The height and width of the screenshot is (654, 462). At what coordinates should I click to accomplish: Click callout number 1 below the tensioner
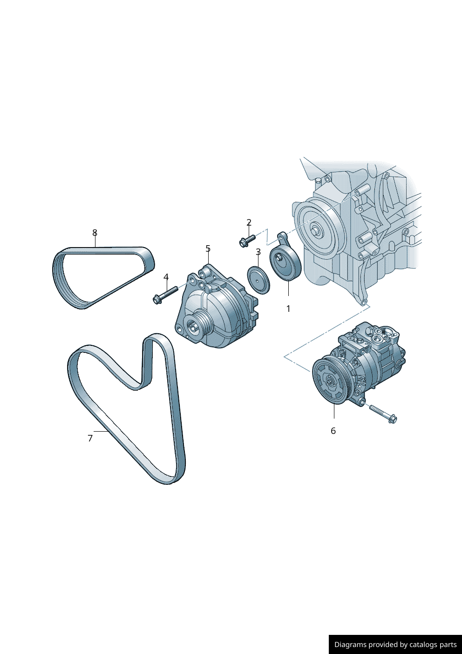288,309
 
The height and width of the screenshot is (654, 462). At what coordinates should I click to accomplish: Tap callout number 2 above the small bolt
249,222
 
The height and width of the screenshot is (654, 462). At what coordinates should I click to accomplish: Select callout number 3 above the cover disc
258,252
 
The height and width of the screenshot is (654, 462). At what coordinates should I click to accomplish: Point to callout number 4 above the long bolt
166,276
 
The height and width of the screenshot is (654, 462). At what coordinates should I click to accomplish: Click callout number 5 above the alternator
208,248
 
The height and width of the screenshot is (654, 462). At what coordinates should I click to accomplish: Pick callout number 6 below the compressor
333,431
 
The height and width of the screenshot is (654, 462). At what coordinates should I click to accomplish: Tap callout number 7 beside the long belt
90,438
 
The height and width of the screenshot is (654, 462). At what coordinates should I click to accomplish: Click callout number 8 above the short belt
95,233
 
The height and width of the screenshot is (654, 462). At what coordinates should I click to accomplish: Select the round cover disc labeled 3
258,280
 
